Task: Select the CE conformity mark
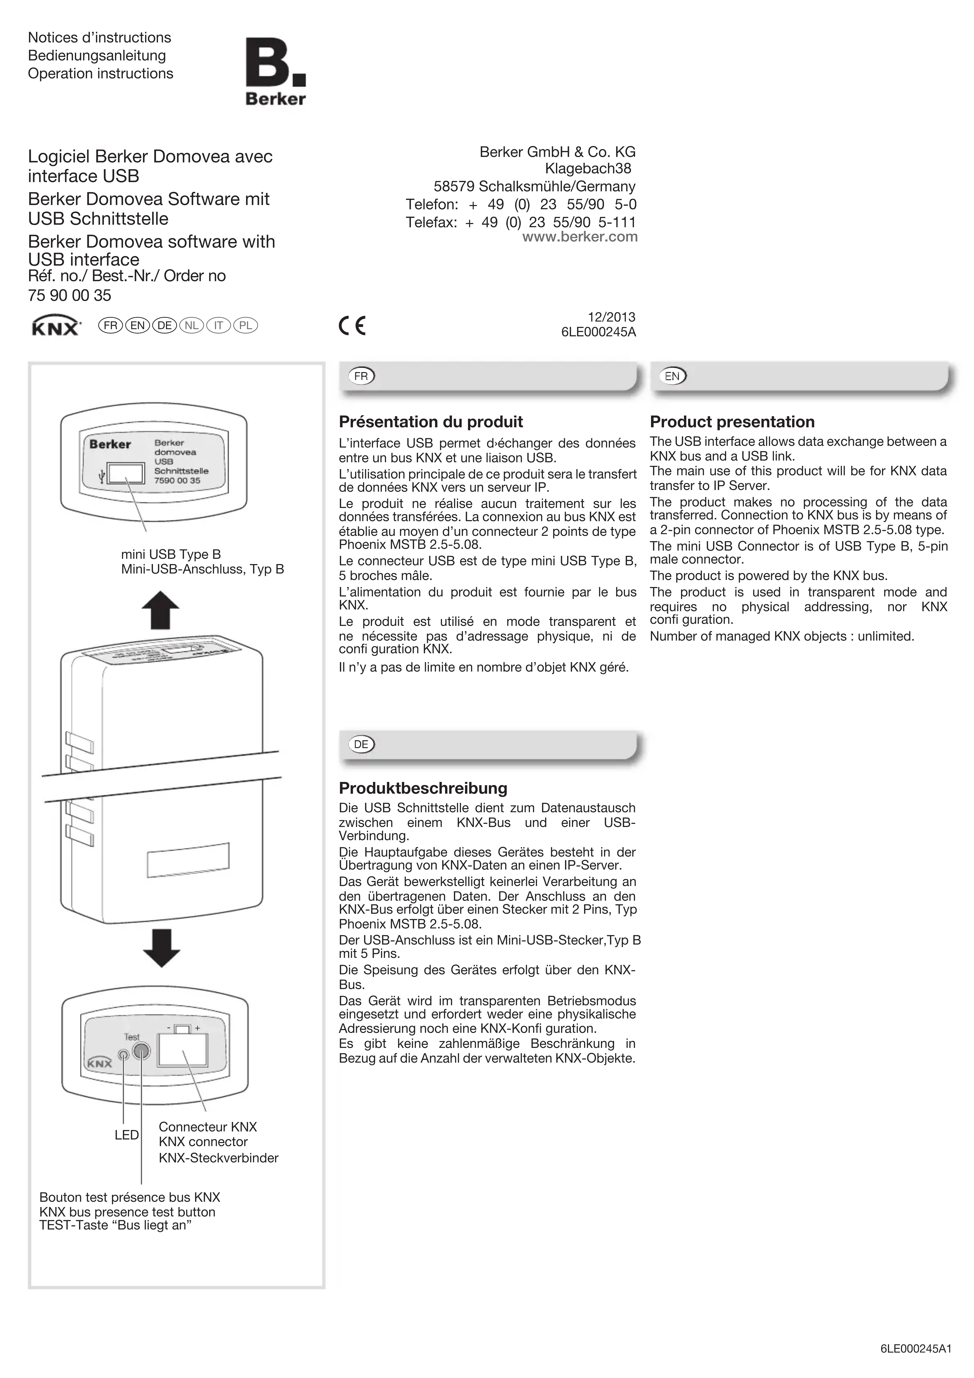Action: coord(352,325)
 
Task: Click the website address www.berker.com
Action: coord(579,237)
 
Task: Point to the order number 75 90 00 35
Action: coord(70,295)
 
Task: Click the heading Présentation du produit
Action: coord(430,422)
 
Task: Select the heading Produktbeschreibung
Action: coord(423,788)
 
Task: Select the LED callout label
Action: coord(127,1135)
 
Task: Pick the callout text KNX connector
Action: coord(203,1141)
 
